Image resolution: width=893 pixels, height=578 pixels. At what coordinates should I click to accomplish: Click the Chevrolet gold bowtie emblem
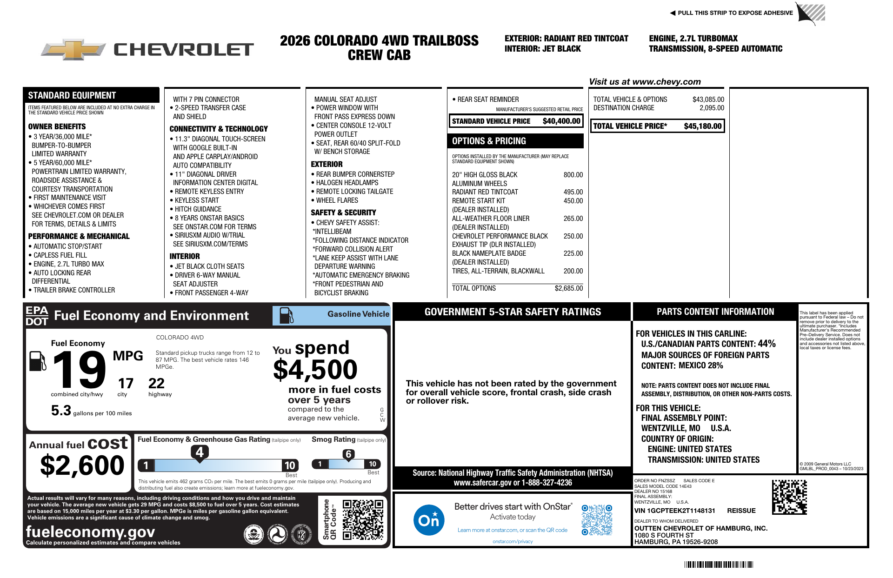pyautogui.click(x=74, y=49)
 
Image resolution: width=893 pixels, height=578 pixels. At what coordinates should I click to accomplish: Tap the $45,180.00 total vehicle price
pyautogui.click(x=702, y=126)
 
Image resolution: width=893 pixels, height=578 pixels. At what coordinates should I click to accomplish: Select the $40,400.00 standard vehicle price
pyautogui.click(x=561, y=121)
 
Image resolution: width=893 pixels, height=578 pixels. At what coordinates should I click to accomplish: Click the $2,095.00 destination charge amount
pyautogui.click(x=712, y=108)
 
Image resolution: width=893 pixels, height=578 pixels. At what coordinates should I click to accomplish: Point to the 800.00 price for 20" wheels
pyautogui.click(x=573, y=175)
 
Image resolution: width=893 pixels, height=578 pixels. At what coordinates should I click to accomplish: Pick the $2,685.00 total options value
pyautogui.click(x=568, y=288)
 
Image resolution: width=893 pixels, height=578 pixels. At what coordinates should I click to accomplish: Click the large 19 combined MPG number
pyautogui.click(x=79, y=370)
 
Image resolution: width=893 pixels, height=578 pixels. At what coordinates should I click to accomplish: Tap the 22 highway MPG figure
pyautogui.click(x=156, y=384)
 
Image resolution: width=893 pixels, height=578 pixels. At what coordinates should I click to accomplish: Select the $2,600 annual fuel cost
pyautogui.click(x=82, y=465)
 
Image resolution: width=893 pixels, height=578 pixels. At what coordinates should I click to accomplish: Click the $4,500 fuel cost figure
pyautogui.click(x=315, y=370)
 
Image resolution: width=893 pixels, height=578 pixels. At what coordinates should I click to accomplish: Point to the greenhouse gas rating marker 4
pyautogui.click(x=200, y=452)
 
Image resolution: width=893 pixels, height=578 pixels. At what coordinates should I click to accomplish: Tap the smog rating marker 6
pyautogui.click(x=348, y=454)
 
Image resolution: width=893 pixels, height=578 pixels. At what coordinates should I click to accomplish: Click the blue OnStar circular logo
pyautogui.click(x=428, y=520)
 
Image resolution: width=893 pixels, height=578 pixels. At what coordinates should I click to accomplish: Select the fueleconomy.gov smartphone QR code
pyautogui.click(x=363, y=519)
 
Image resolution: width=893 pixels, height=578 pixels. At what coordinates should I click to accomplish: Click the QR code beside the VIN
pyautogui.click(x=789, y=497)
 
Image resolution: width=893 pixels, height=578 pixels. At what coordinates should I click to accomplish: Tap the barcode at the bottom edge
pyautogui.click(x=719, y=565)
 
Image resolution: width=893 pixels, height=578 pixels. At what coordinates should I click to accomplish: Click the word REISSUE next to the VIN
pyautogui.click(x=741, y=511)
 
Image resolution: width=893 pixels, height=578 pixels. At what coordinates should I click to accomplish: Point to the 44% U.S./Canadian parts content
pyautogui.click(x=766, y=344)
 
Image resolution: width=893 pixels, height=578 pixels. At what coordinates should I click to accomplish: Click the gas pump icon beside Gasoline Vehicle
pyautogui.click(x=286, y=316)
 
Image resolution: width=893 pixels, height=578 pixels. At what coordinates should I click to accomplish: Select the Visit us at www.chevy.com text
pyautogui.click(x=645, y=82)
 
